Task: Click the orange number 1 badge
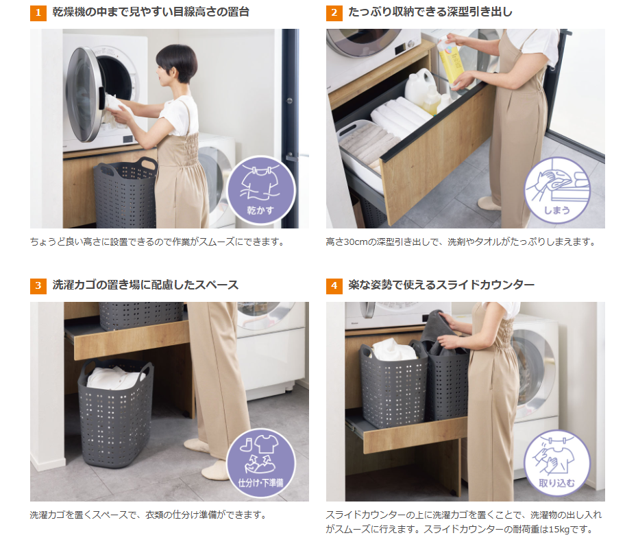[x=38, y=12]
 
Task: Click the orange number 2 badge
[x=334, y=12]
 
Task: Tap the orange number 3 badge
[x=38, y=285]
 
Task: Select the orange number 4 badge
[x=334, y=285]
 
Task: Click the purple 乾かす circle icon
[x=261, y=191]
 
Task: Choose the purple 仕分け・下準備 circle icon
[x=261, y=463]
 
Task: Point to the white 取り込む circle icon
[x=557, y=463]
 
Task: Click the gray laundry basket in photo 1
[x=125, y=193]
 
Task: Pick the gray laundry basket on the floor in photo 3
[x=116, y=412]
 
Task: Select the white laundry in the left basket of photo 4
[x=393, y=350]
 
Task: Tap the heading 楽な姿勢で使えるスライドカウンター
[x=441, y=285]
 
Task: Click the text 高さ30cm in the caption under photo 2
[x=347, y=242]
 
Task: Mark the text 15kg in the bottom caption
[x=559, y=530]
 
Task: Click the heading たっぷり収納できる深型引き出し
[x=430, y=12]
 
